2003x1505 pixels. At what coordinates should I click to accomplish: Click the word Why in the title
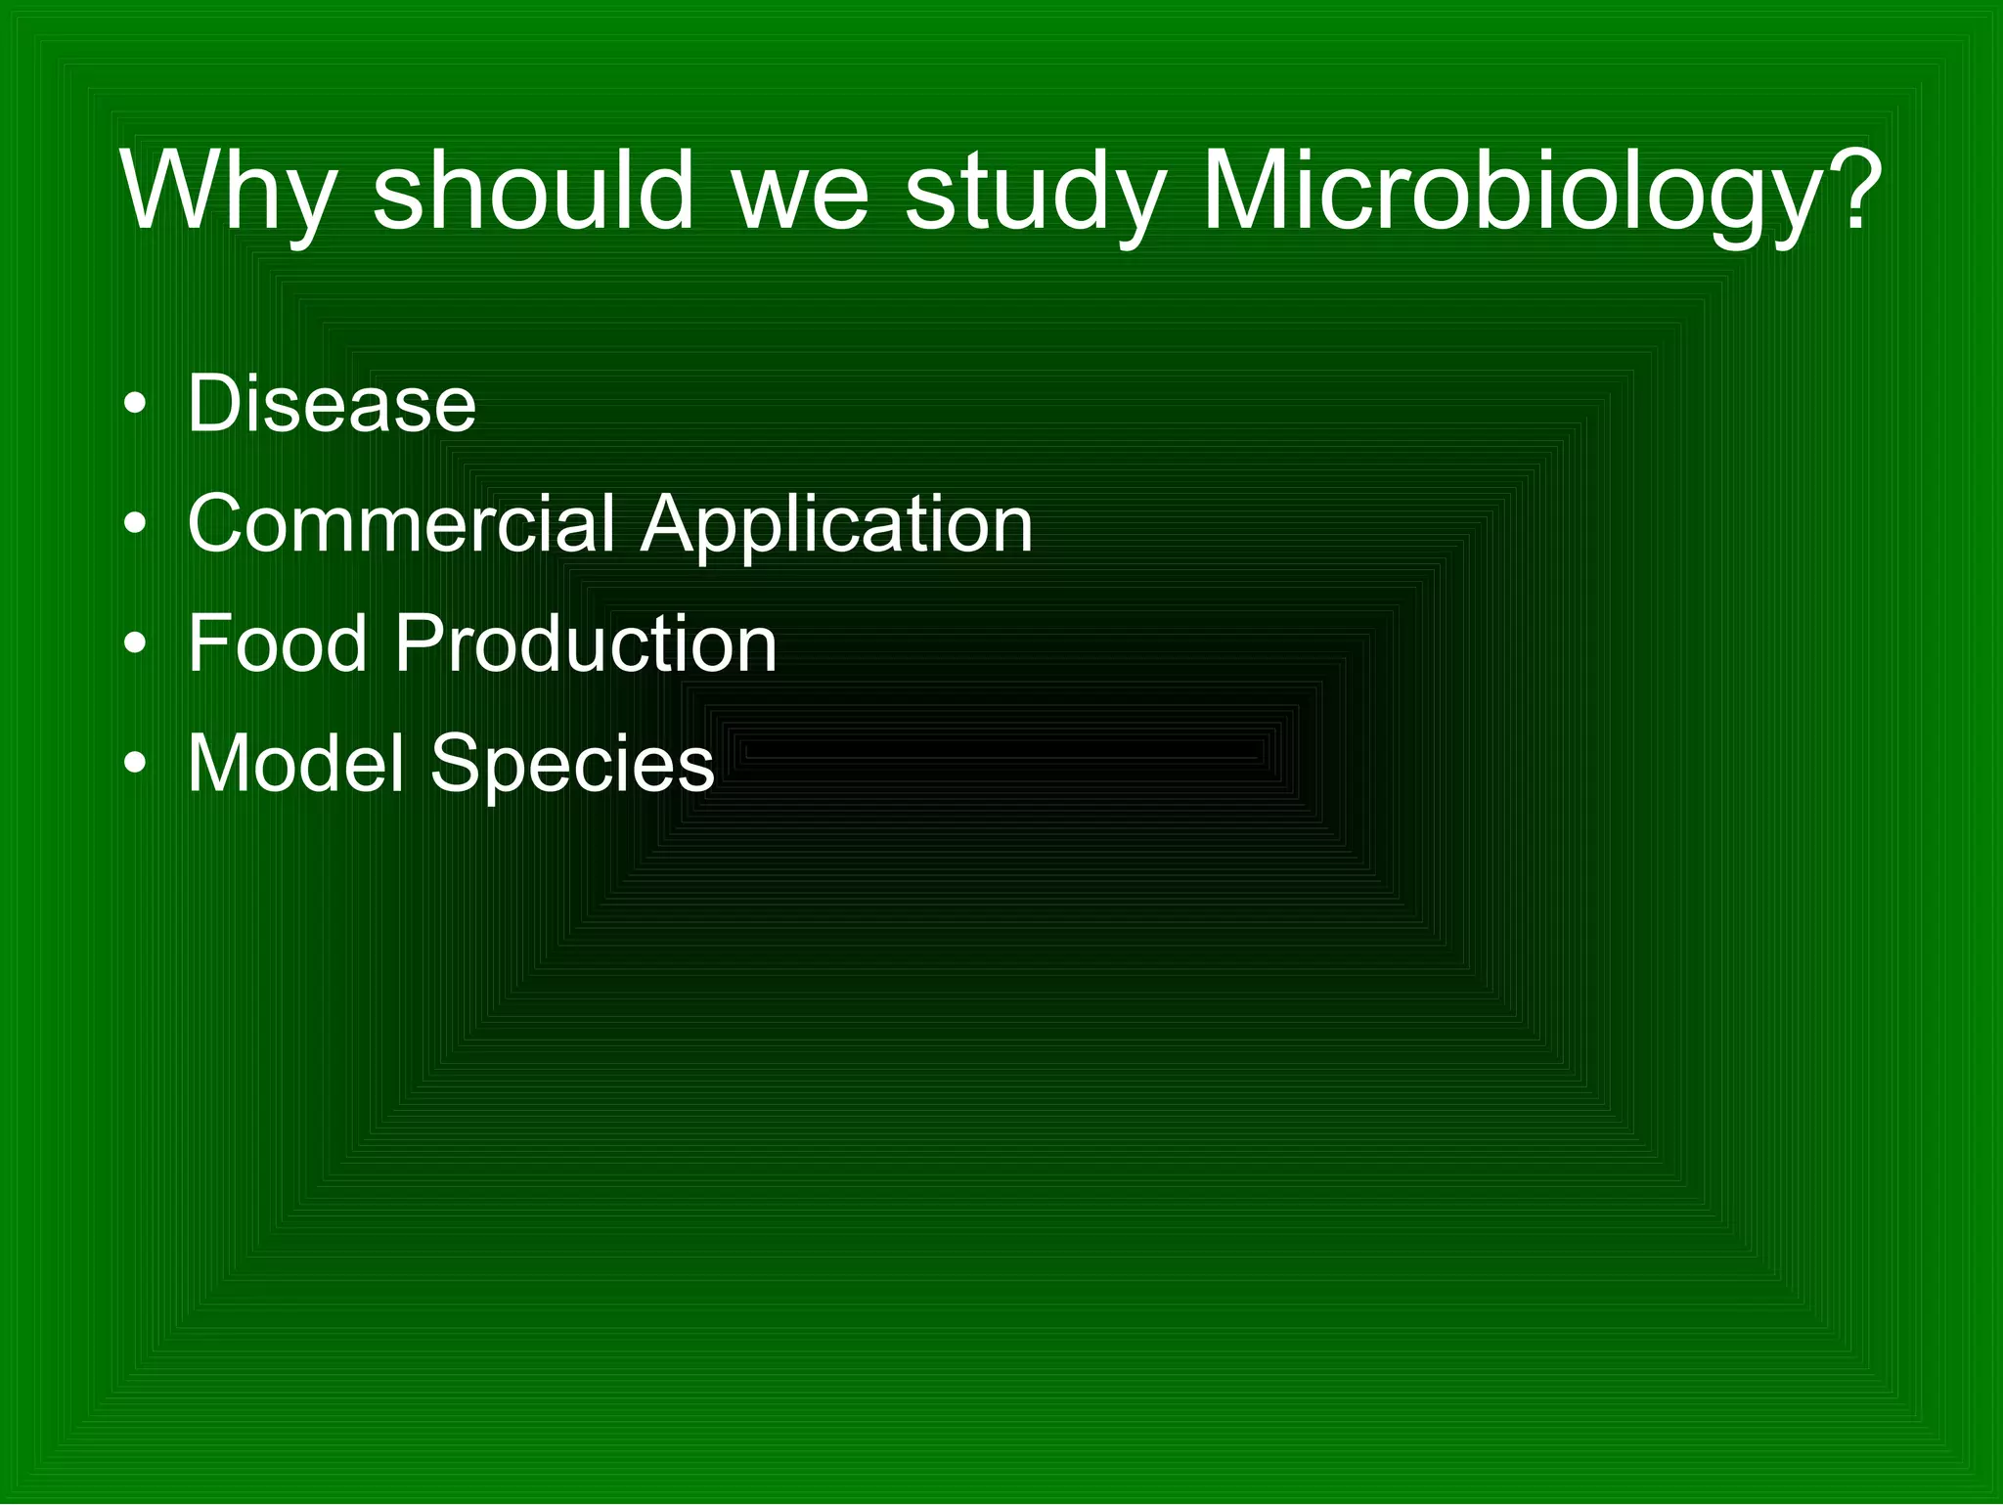(x=228, y=193)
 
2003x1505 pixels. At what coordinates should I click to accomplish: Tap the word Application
(x=837, y=525)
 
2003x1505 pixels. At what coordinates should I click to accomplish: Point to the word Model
(x=295, y=763)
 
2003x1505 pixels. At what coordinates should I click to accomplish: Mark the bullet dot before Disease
(x=136, y=405)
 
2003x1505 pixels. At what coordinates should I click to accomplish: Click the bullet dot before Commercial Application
(x=136, y=525)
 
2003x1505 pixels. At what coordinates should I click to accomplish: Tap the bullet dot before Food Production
(x=136, y=645)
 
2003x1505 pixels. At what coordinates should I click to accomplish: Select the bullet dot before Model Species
(x=136, y=765)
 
